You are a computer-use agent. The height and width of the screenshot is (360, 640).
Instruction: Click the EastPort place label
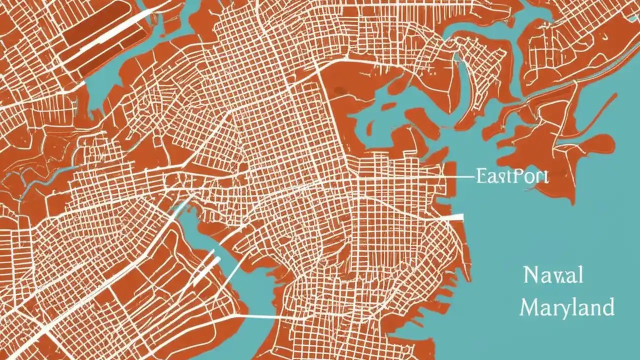pyautogui.click(x=512, y=176)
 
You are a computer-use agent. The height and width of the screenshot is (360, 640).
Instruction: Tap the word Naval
pyautogui.click(x=553, y=275)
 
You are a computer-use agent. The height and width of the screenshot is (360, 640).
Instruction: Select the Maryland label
pyautogui.click(x=567, y=306)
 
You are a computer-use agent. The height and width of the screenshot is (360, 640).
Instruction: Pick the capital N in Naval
pyautogui.click(x=531, y=275)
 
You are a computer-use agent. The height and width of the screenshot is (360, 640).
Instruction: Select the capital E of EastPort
pyautogui.click(x=482, y=176)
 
